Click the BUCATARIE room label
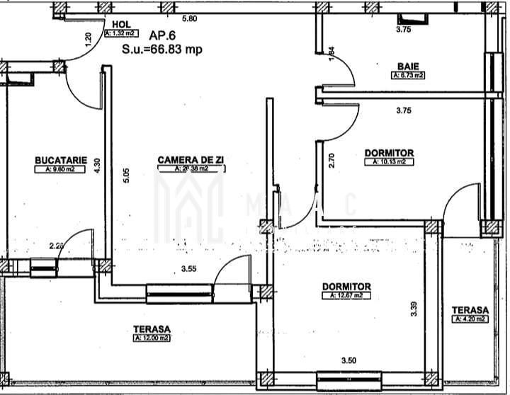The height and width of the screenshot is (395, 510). click(x=61, y=160)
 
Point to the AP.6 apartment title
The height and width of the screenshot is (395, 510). click(x=164, y=34)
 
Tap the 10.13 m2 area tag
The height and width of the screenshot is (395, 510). click(x=389, y=161)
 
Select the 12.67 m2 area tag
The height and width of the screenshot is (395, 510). click(x=346, y=295)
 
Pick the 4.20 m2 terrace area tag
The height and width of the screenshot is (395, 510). click(x=470, y=319)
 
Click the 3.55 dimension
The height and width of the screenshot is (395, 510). click(x=188, y=269)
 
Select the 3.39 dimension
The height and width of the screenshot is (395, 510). click(x=413, y=309)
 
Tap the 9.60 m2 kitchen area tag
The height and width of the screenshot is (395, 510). click(x=60, y=169)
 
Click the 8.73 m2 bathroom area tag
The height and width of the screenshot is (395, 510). click(x=407, y=74)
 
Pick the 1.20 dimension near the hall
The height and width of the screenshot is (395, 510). click(x=88, y=40)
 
